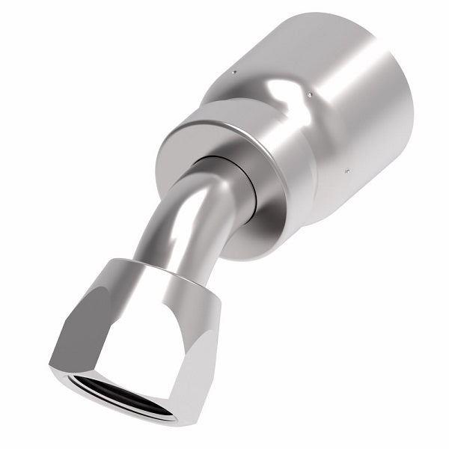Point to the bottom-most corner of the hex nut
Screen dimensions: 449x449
pos(174,424)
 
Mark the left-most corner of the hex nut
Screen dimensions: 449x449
pos(51,366)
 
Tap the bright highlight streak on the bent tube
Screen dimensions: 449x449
pos(169,224)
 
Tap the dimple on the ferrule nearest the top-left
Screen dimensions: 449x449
pos(234,73)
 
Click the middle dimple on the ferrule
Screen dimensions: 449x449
pos(308,95)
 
